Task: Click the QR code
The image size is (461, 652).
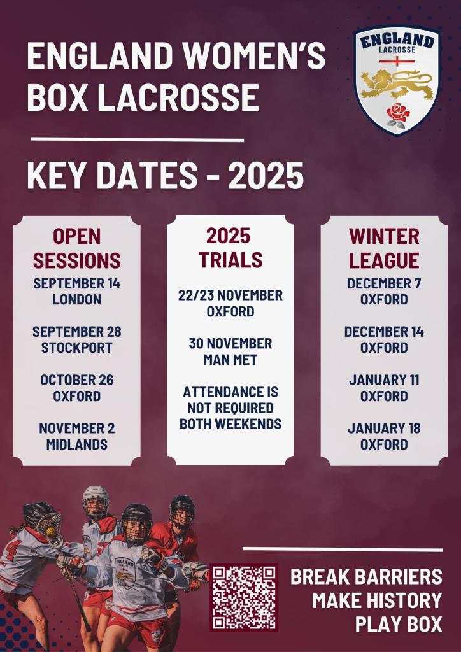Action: tap(244, 597)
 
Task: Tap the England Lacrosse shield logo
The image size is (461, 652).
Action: tap(397, 80)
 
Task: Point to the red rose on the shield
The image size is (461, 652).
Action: tap(398, 114)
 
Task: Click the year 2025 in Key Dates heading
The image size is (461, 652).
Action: tap(266, 176)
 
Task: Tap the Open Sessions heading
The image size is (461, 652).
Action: tap(77, 249)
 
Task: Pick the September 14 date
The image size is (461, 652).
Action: tap(77, 283)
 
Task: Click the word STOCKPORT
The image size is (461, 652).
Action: tap(77, 348)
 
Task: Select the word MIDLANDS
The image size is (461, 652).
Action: tap(77, 444)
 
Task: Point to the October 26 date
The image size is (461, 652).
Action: tap(77, 380)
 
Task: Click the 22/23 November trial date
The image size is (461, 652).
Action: tap(230, 295)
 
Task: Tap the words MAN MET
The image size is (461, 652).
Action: tap(230, 360)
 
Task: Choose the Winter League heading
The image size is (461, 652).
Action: tap(384, 249)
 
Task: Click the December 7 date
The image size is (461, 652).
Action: tap(384, 283)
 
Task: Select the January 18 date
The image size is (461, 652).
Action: tap(384, 429)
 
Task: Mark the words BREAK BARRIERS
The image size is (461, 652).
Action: tap(366, 577)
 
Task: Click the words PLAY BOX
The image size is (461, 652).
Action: tap(399, 624)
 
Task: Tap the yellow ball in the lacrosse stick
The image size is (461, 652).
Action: tap(50, 531)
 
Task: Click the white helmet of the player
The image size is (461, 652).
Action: tap(96, 499)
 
